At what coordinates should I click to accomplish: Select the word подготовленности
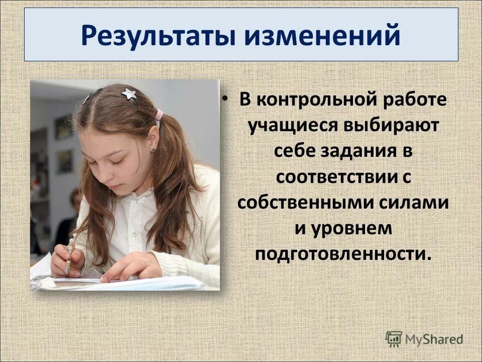point(343,254)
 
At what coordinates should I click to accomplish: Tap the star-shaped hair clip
point(129,94)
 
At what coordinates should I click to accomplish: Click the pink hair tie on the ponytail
point(159,115)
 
